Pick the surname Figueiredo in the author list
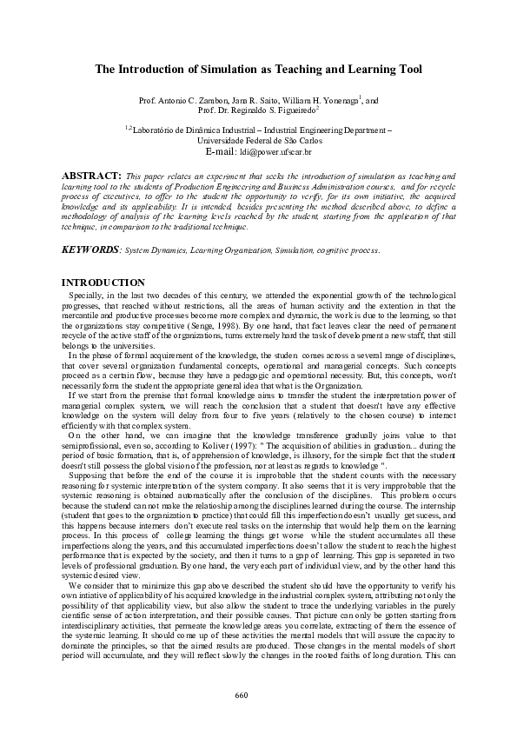pos(295,111)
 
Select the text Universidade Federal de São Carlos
pos(259,139)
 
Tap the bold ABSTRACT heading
pos(93,175)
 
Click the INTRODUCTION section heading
pos(103,283)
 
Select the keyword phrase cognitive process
pos(353,250)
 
